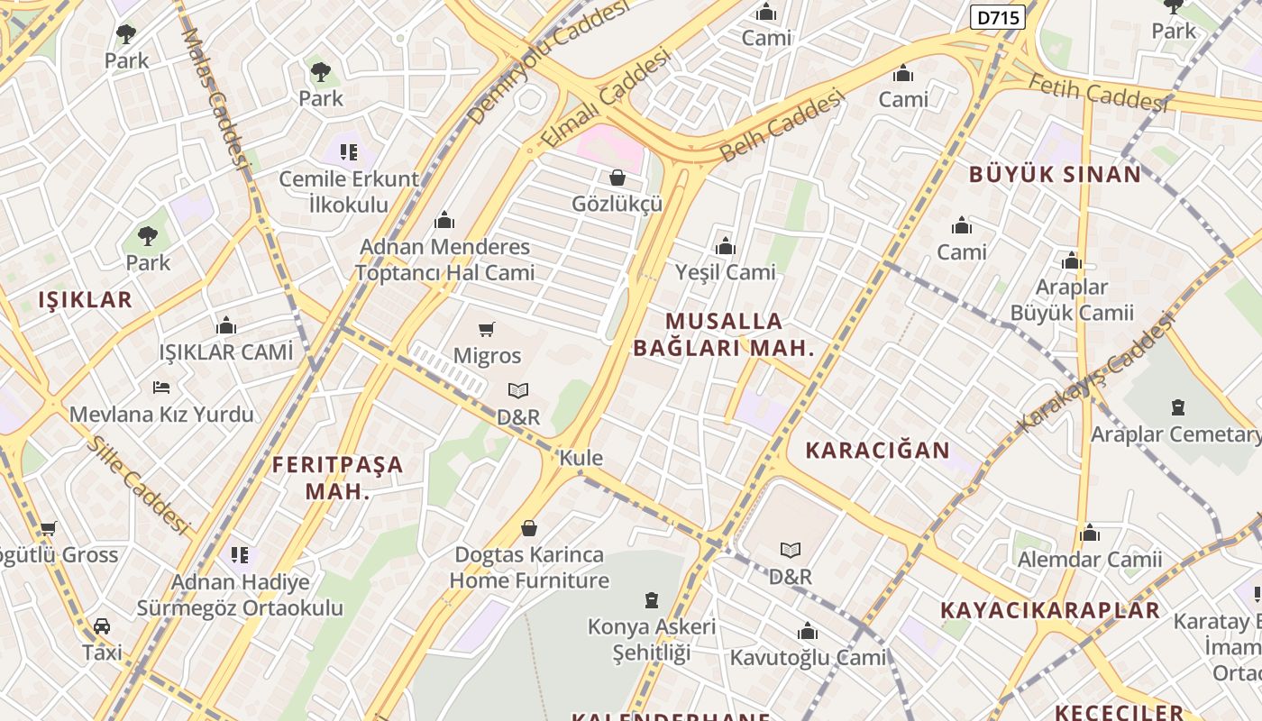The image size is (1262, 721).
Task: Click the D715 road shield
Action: [998, 16]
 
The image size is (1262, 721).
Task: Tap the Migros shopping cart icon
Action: [487, 330]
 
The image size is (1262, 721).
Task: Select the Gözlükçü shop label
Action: [617, 204]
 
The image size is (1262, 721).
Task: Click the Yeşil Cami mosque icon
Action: [725, 246]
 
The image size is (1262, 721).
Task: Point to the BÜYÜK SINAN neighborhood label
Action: [1055, 175]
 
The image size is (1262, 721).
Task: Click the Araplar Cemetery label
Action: [1175, 434]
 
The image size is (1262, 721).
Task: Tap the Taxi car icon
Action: [102, 626]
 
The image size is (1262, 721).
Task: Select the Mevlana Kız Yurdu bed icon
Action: [161, 388]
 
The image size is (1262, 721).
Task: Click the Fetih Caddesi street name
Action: [1097, 93]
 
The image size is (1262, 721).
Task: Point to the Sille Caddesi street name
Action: [139, 486]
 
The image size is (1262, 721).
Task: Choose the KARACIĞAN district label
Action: [877, 451]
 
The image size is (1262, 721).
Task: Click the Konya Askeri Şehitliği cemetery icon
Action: [652, 600]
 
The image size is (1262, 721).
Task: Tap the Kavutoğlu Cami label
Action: [808, 657]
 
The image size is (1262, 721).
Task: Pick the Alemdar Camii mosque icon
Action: [1089, 534]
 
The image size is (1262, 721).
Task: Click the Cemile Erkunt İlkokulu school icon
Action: [348, 151]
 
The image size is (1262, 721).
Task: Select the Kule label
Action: [581, 458]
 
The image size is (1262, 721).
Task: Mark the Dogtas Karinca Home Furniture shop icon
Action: [529, 528]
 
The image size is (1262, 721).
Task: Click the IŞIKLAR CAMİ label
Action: [226, 352]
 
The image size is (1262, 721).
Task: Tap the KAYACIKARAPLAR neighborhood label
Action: [1049, 610]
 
